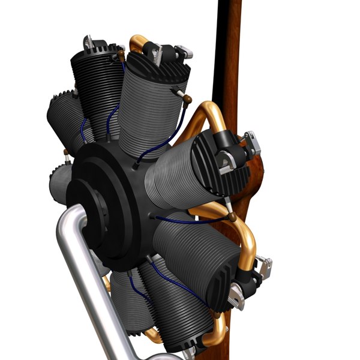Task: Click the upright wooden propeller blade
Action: tap(227, 54)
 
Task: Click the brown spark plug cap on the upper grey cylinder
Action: tap(187, 98)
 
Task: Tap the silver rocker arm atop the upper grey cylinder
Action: tap(180, 53)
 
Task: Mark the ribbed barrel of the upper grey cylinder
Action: tap(150, 108)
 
